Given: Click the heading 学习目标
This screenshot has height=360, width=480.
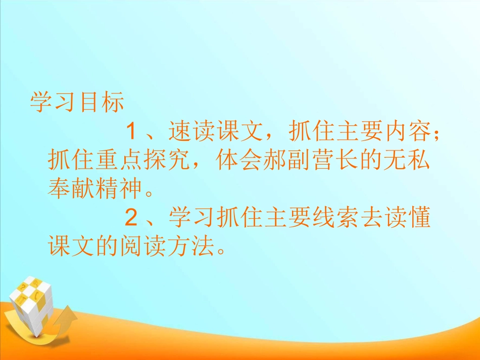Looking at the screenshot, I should tap(77, 102).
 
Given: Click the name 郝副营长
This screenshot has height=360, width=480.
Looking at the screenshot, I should tap(316, 161).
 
